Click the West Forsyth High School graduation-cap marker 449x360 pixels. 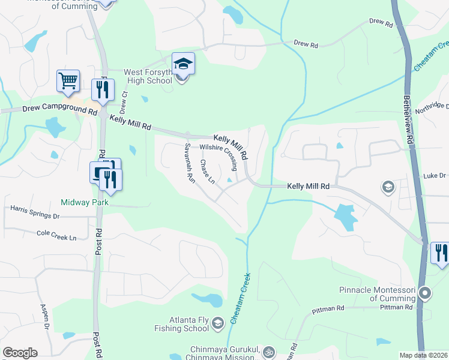(x=184, y=64)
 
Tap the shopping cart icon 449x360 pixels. (x=68, y=80)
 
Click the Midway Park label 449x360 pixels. (x=84, y=203)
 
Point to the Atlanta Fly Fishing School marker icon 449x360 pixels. (x=217, y=324)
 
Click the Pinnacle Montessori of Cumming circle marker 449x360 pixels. (x=426, y=293)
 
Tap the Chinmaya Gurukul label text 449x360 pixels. (x=224, y=349)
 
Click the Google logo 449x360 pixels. (x=20, y=352)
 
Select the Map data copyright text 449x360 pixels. (x=423, y=355)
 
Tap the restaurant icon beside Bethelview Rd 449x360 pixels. (x=440, y=252)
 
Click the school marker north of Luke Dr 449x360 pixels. (x=388, y=188)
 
